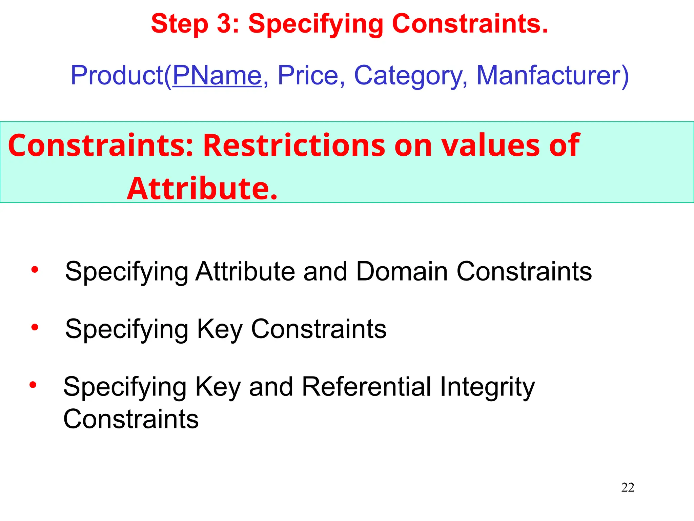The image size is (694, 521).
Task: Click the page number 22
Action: tap(628, 487)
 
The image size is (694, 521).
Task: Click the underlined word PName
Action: tap(217, 75)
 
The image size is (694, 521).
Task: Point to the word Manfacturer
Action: tap(549, 75)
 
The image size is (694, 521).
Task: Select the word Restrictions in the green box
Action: tap(294, 145)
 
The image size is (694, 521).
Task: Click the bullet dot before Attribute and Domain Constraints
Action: tap(35, 270)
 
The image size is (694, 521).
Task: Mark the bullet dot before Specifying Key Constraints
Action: tap(35, 328)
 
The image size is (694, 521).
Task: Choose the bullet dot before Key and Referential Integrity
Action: tap(33, 385)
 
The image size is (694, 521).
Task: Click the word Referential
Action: tap(366, 387)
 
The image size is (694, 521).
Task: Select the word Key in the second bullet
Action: tap(220, 329)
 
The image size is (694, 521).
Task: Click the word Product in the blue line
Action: tap(117, 75)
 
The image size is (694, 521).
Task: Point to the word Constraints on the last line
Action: tap(131, 419)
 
